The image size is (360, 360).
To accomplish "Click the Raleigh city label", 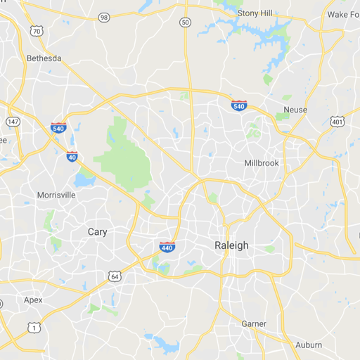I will click(231, 245).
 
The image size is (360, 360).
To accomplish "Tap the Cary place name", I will click(98, 231).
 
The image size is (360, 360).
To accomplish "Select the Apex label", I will click(33, 300).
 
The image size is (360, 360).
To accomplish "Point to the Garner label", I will click(254, 323).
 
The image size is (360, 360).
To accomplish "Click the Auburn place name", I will click(309, 345).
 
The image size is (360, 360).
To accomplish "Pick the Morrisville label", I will click(56, 195).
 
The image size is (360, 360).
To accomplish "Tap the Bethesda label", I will click(44, 58).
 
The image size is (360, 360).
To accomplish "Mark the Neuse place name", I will click(295, 110).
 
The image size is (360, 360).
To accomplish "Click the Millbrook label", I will click(262, 162).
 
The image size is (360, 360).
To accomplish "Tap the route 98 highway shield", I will click(104, 17).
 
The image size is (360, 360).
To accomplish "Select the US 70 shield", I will click(37, 31).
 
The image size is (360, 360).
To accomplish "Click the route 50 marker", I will click(185, 22).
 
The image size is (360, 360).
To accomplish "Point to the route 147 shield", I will click(13, 122).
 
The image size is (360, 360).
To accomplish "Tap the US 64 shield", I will click(115, 277).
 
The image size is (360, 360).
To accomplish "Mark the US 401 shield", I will click(337, 122).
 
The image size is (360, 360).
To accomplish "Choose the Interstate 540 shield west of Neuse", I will click(239, 105).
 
